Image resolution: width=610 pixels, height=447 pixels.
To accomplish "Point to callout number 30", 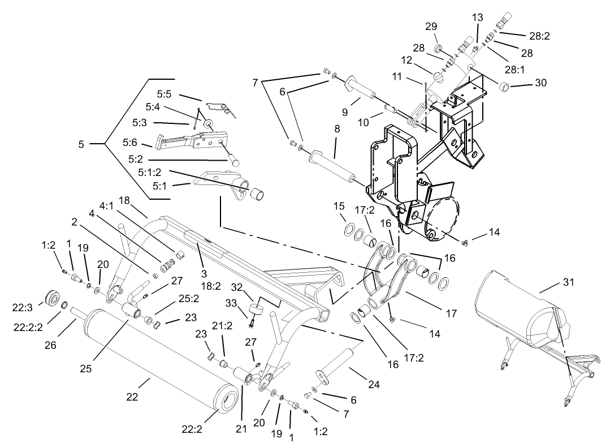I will (x=541, y=83).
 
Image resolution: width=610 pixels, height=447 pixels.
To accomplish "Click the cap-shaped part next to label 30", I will (x=504, y=87).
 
